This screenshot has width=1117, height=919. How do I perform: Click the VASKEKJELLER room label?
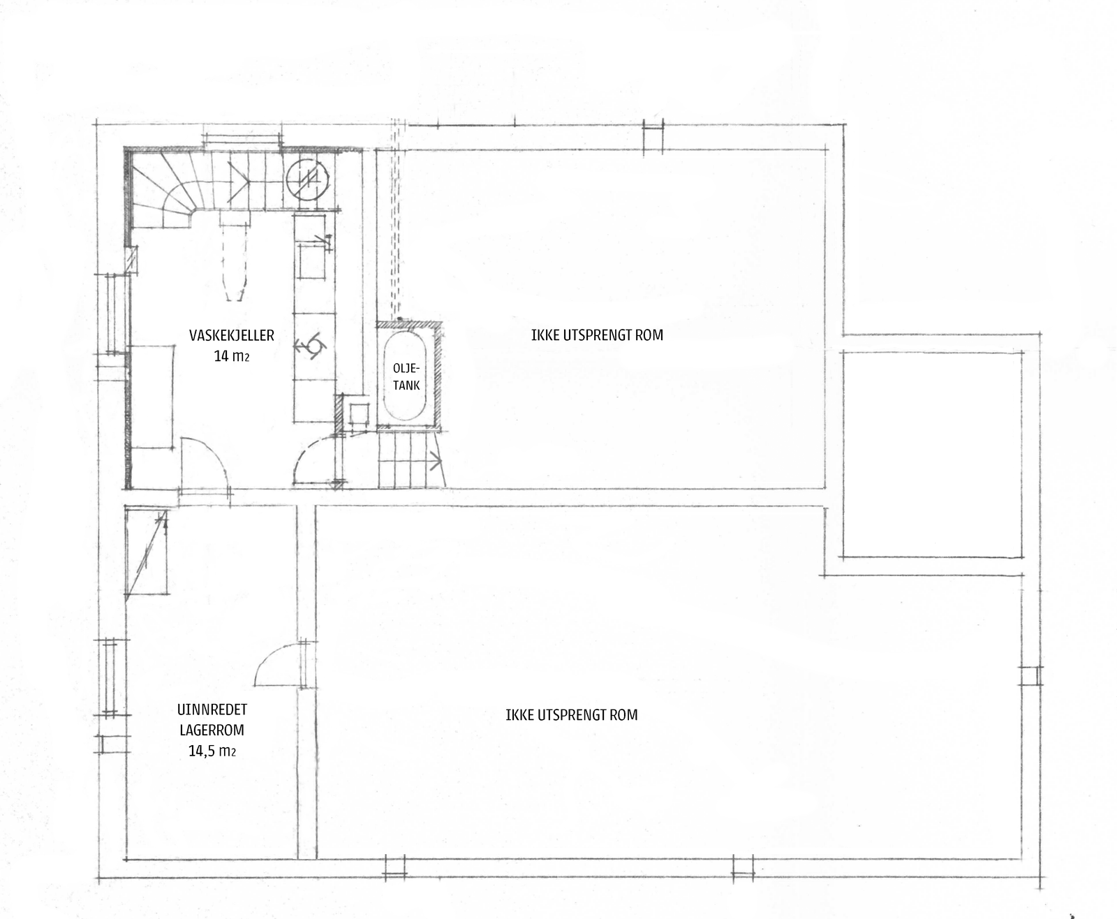[x=231, y=335]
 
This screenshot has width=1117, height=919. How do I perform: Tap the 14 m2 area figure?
[x=231, y=356]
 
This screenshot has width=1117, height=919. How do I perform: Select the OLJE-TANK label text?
[x=406, y=376]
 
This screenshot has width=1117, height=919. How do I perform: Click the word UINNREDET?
[x=212, y=710]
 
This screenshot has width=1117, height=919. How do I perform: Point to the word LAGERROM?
[x=212, y=730]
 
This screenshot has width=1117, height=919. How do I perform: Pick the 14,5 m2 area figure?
[x=212, y=751]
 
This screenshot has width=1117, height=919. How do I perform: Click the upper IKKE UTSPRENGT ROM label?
[x=596, y=335]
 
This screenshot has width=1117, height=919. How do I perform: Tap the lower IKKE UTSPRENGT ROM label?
[x=571, y=715]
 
